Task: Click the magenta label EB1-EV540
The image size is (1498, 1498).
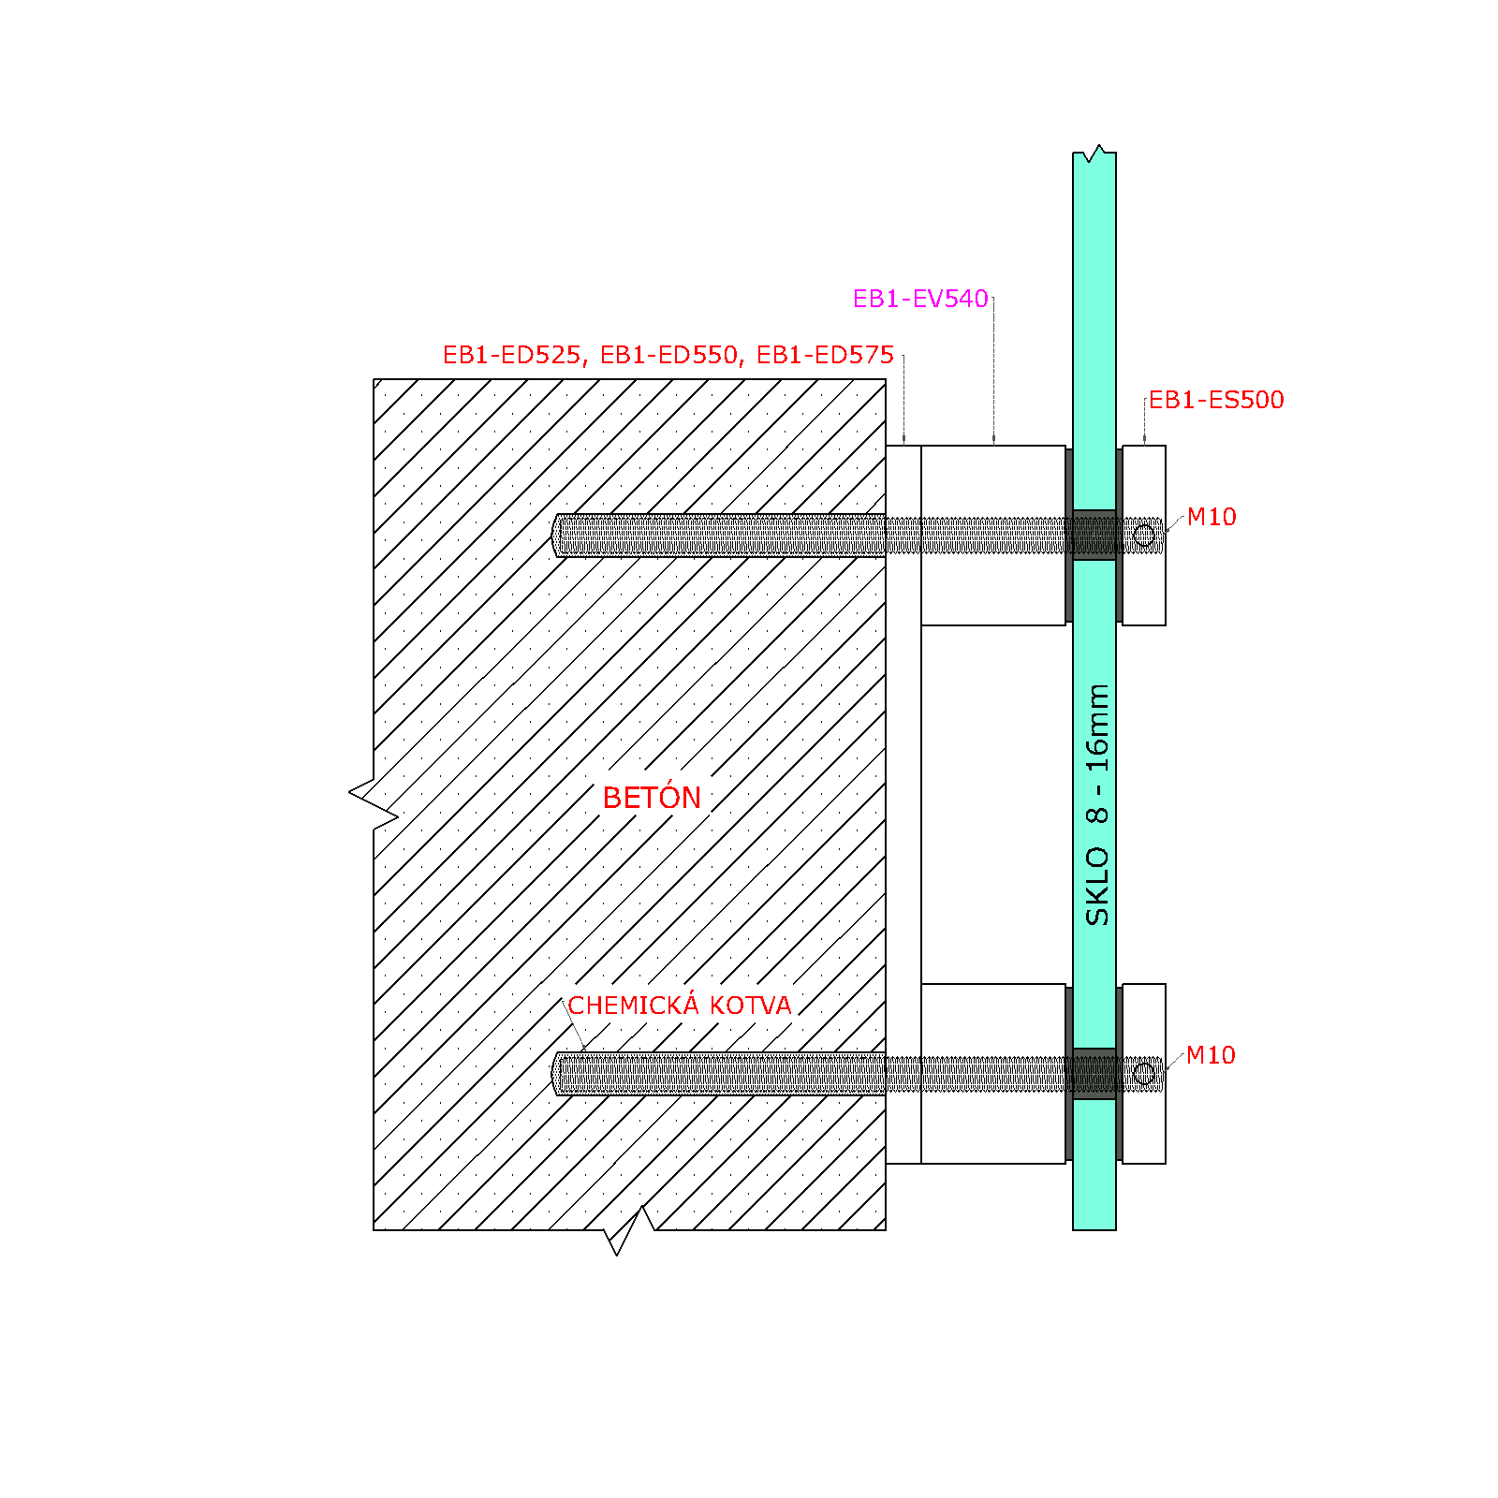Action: coord(920,299)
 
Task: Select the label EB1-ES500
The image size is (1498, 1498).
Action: coord(1216,400)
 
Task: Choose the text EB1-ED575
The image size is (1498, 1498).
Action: coord(825,355)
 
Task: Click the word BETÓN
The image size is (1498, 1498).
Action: coord(652,798)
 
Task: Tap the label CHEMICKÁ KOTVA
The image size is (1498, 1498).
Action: coord(680,1005)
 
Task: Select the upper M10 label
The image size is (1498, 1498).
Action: coord(1212,517)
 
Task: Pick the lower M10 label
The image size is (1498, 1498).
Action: coord(1211,1055)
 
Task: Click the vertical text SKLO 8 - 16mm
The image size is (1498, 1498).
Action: coord(1096,805)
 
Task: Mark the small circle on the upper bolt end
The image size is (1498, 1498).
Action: coord(1144,536)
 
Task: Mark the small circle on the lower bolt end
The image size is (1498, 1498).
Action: coord(1144,1074)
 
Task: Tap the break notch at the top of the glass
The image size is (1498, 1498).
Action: coord(1094,154)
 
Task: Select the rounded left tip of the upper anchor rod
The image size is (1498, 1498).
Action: coord(555,536)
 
